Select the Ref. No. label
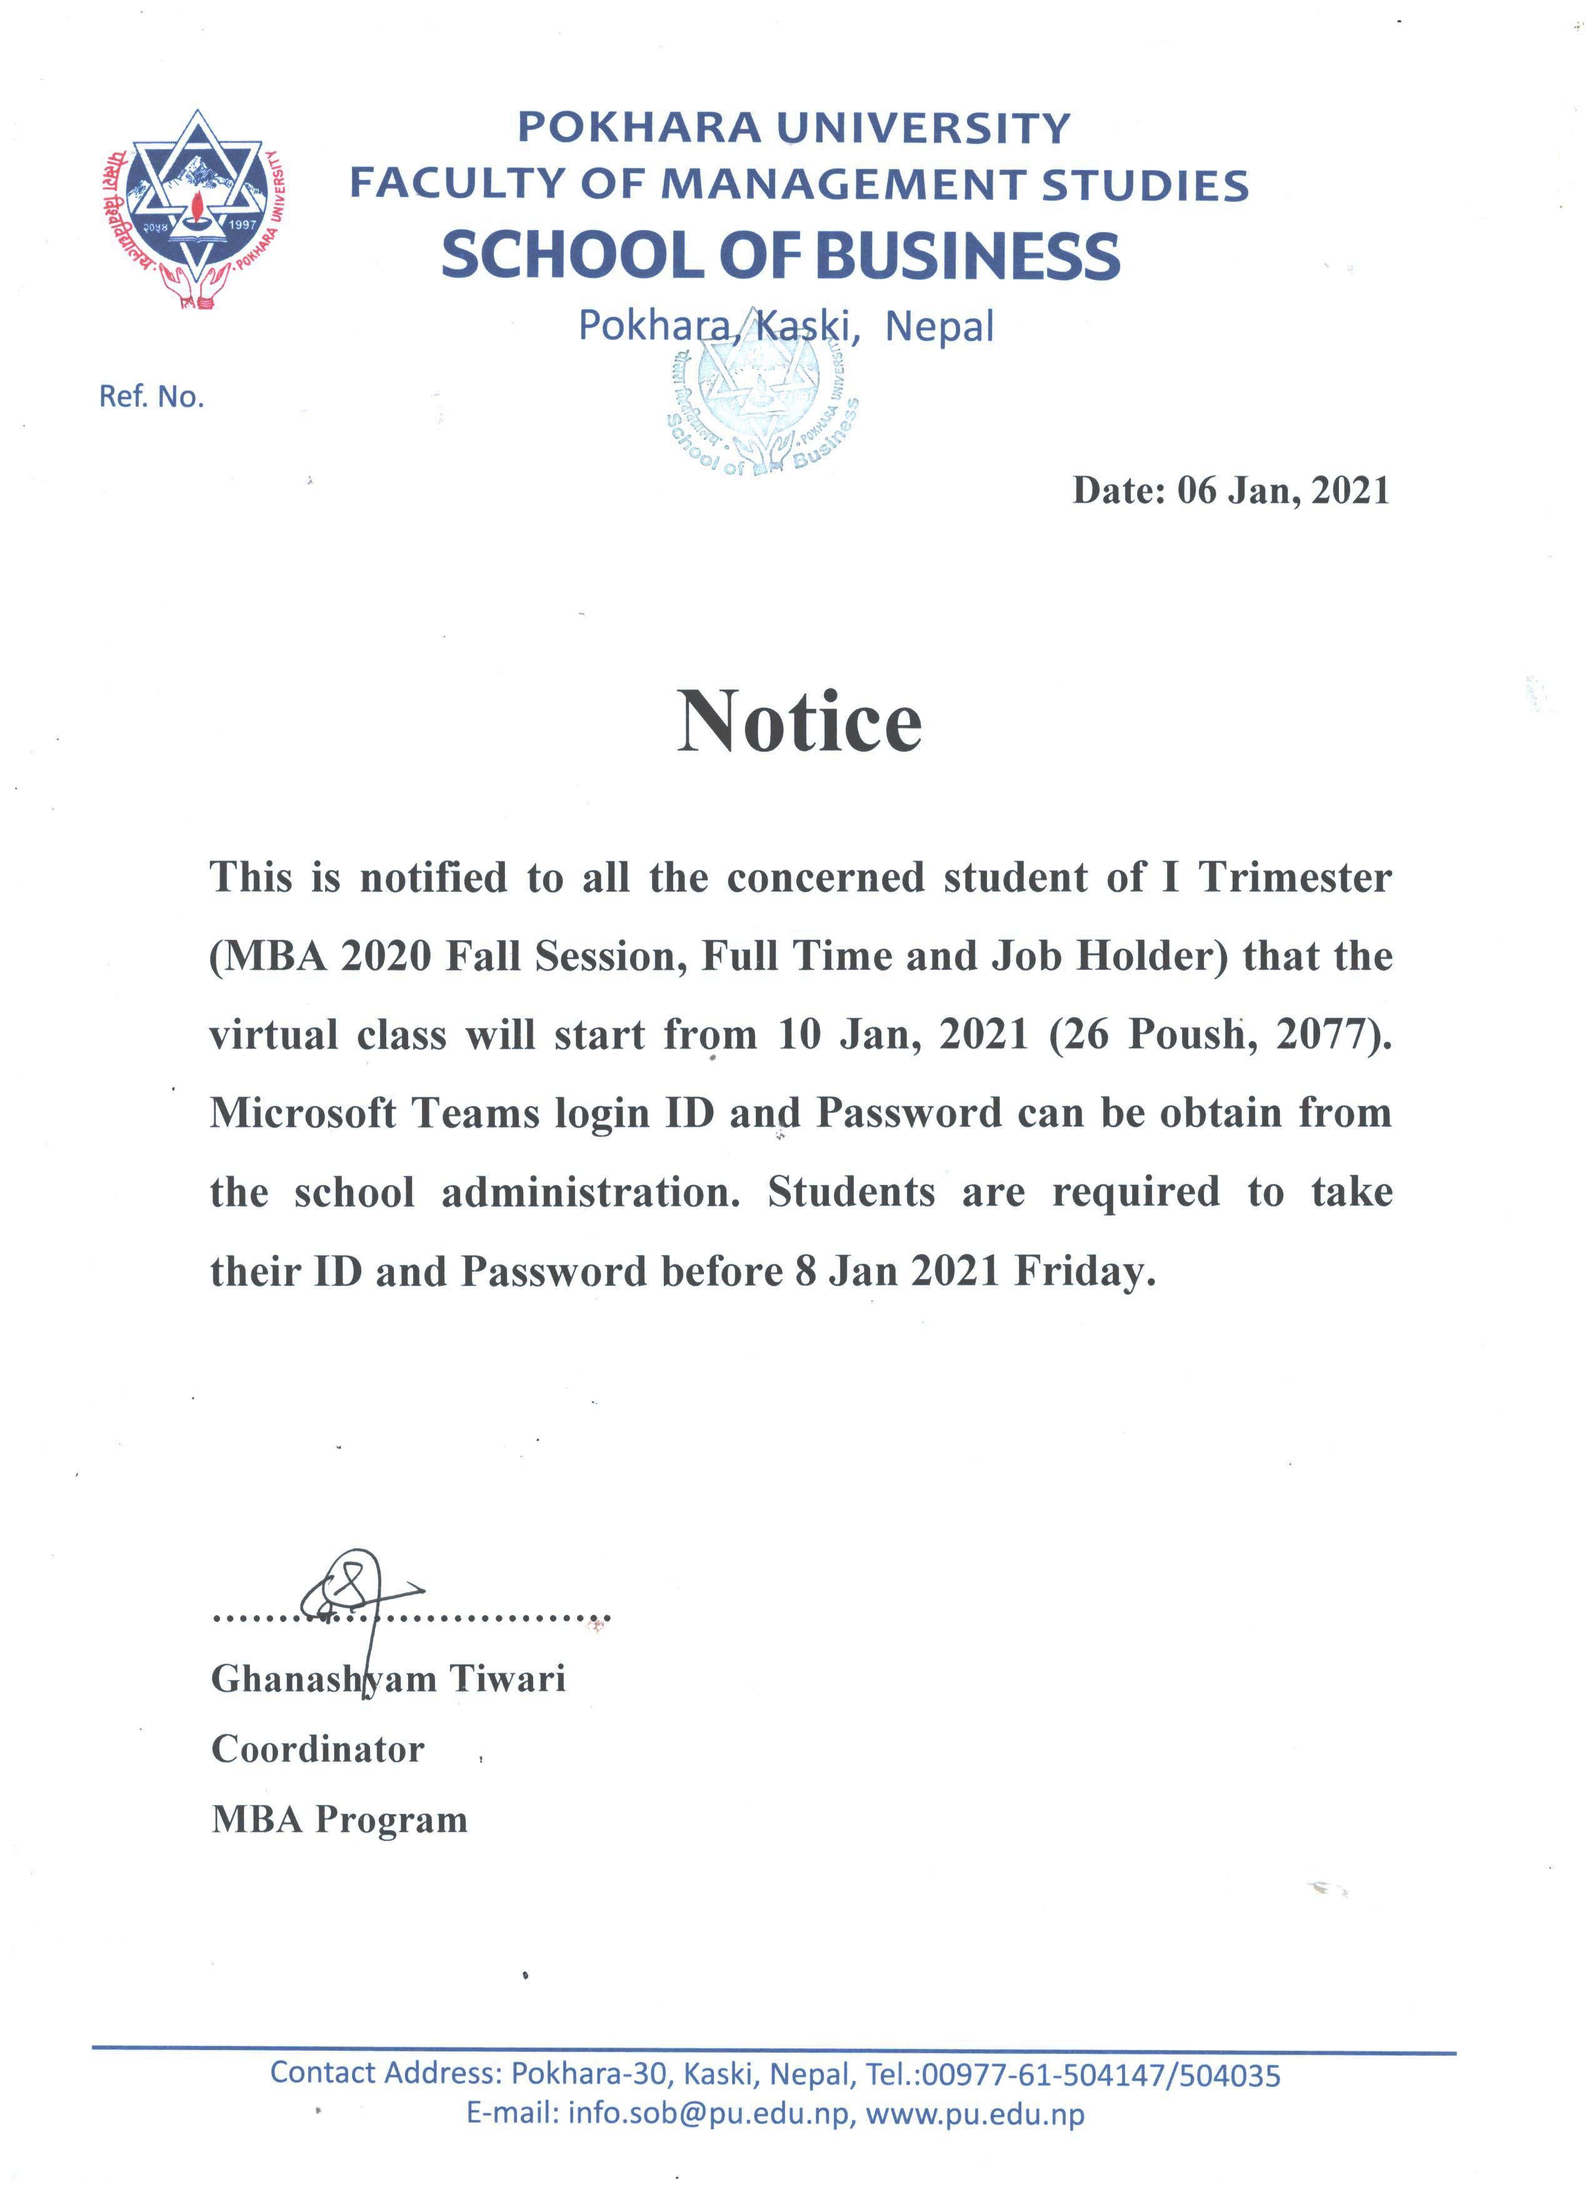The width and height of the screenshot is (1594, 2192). pos(152,396)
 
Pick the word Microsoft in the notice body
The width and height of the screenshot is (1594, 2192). pos(303,1113)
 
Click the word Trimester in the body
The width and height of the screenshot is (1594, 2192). pos(1295,877)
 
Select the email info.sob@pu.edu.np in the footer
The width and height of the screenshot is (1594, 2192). pos(709,2114)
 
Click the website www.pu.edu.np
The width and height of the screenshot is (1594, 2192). pos(975,2114)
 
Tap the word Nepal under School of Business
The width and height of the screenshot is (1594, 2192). pos(939,327)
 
